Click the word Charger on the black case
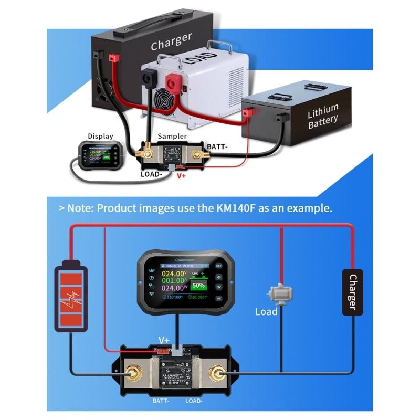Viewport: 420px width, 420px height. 171,41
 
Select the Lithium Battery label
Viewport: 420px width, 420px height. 323,116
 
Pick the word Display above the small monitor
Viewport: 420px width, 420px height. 100,136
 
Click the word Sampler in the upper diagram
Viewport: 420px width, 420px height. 172,136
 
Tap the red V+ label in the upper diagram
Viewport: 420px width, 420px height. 182,176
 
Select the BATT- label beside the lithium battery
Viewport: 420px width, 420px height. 218,146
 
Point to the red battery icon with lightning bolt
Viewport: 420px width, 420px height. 71,296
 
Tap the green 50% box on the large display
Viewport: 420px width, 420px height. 198,286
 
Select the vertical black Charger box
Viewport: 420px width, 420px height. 352,292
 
